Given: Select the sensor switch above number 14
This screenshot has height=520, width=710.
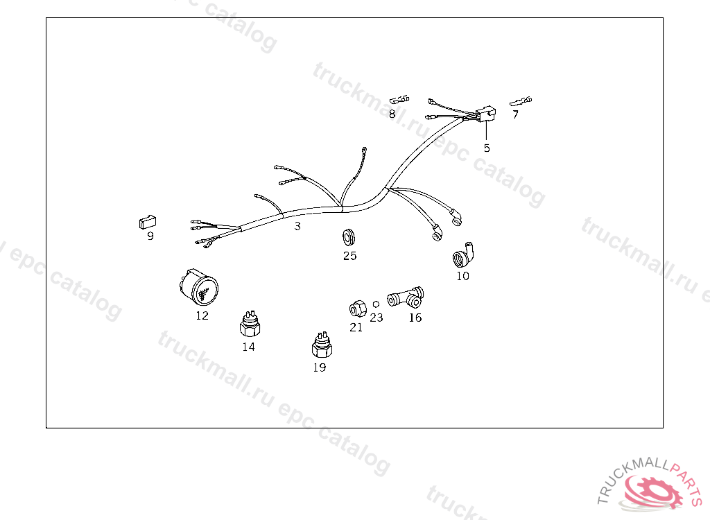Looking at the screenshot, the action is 250,324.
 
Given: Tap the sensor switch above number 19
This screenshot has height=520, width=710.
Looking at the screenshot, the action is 322,345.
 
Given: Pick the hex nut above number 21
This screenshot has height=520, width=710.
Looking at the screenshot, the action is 358,309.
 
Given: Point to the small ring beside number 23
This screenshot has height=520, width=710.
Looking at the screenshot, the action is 376,304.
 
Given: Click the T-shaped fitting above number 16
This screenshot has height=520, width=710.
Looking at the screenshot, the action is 406,297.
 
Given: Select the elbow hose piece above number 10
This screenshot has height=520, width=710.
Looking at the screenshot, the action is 463,255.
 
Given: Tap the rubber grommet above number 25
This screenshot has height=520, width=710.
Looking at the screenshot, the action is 348,237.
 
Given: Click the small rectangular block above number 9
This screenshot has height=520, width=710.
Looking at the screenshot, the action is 148,222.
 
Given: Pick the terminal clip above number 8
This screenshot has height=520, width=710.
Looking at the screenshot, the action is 399,99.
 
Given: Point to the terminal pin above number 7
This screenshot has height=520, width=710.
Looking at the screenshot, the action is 521,101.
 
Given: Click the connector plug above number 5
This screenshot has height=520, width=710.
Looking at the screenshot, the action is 486,114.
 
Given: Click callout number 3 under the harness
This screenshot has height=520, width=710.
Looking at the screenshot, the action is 297,226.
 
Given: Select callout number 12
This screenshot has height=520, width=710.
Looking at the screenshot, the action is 202,315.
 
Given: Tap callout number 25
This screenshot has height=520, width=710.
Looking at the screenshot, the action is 349,256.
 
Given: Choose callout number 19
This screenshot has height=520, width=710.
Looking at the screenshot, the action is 319,367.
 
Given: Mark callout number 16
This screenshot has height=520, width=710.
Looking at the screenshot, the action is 415,318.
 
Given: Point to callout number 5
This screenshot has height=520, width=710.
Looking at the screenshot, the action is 487,148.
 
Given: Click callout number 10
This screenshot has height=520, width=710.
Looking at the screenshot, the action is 462,276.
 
